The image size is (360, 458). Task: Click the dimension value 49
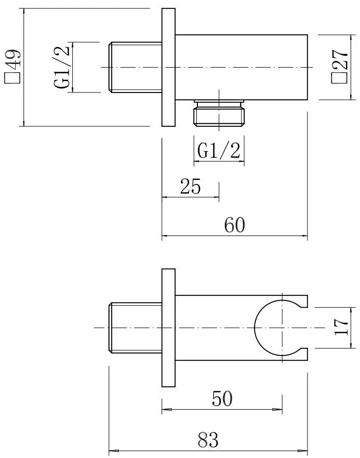(13, 58)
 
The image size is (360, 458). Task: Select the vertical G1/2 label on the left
(62, 67)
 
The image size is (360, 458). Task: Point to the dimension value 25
(190, 186)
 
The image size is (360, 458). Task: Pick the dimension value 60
(234, 225)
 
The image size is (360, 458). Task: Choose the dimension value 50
(222, 399)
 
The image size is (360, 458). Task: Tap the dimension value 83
(208, 440)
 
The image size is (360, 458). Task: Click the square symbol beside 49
(12, 78)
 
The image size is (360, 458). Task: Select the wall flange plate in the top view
(168, 68)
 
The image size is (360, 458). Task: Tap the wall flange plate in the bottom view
(168, 328)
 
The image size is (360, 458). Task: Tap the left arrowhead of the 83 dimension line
(111, 451)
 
